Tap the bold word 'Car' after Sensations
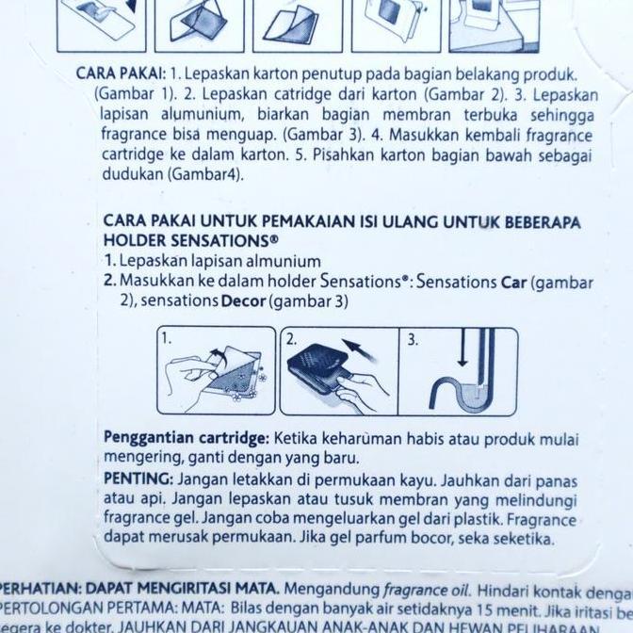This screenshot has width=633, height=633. point(514,282)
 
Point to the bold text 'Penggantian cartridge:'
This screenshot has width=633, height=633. point(187,439)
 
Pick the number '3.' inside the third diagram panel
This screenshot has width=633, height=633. point(413,339)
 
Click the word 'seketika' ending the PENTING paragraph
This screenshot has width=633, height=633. point(521,538)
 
